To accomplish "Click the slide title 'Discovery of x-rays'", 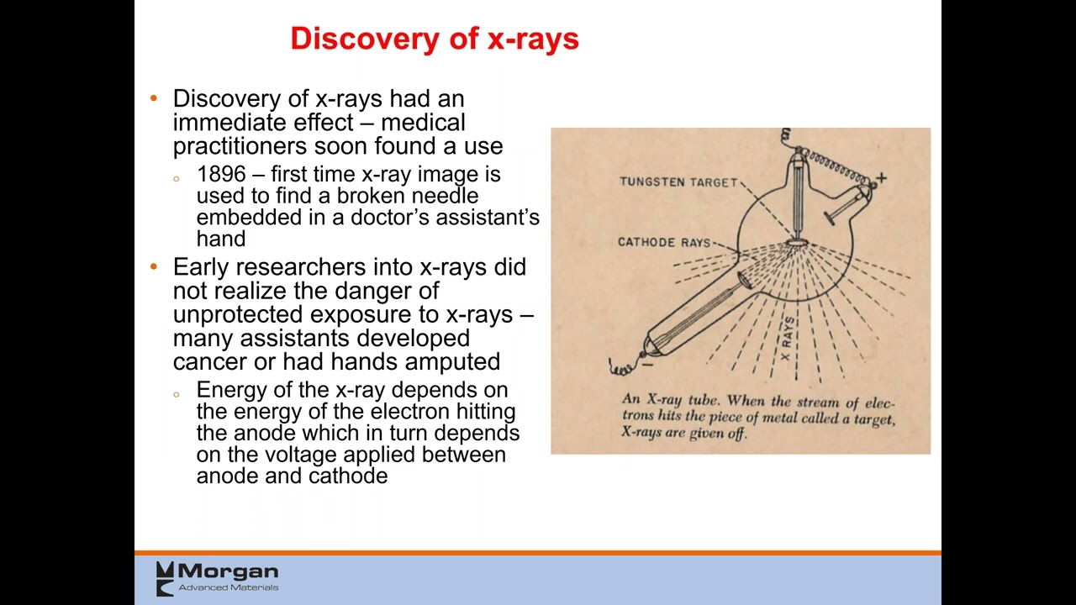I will point(435,39).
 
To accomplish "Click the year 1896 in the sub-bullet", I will point(221,175).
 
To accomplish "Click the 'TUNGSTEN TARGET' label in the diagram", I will point(678,182).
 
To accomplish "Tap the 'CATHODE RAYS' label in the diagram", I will point(664,242).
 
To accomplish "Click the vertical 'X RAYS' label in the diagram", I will point(787,339).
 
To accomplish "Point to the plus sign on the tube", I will point(881,178).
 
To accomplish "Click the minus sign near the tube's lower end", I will point(647,363).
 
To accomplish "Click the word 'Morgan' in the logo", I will point(227,572).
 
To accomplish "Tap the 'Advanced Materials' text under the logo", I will point(228,587).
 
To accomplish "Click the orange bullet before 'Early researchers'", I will point(154,267).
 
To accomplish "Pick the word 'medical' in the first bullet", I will point(423,123).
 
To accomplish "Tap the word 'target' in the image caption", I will point(873,418).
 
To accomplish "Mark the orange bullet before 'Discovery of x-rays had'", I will point(154,99).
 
